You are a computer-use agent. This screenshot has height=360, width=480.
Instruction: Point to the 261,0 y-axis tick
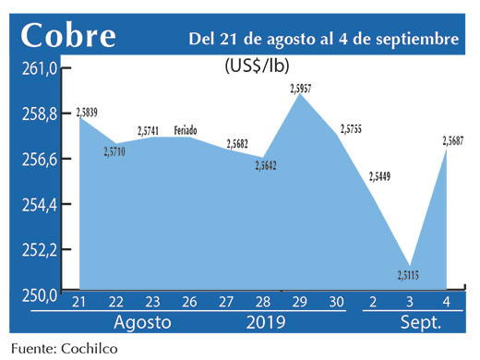(x=40, y=69)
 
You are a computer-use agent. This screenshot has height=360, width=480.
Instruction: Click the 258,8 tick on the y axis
(x=40, y=114)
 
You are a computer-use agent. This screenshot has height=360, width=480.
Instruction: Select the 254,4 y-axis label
(x=40, y=204)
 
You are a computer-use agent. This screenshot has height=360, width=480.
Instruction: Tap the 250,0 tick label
(x=40, y=294)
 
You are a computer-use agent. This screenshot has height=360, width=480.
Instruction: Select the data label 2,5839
(x=88, y=113)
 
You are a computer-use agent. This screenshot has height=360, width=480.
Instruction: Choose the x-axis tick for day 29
(x=299, y=302)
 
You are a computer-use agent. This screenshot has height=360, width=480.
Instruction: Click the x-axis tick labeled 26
(x=189, y=302)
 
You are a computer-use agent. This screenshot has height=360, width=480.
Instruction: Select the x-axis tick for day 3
(x=410, y=302)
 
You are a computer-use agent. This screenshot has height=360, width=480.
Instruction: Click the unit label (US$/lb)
(x=254, y=66)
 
